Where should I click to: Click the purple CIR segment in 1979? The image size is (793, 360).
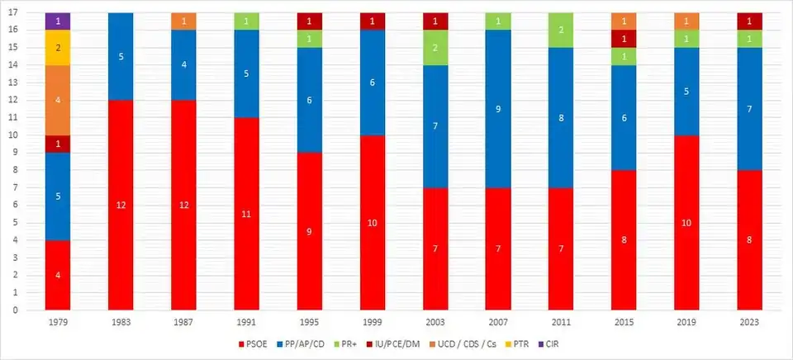(x=57, y=21)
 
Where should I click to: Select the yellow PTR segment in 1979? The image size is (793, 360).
(x=57, y=48)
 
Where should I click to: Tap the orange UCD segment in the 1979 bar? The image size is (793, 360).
(x=57, y=100)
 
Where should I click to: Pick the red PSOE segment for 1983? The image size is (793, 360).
(x=121, y=206)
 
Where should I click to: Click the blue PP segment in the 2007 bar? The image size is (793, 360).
(x=498, y=109)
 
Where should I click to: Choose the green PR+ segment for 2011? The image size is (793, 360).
(x=561, y=31)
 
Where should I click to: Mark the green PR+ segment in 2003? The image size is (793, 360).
(x=435, y=48)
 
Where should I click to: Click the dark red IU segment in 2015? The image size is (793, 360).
(x=624, y=39)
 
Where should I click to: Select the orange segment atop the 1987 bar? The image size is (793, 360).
(x=183, y=21)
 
